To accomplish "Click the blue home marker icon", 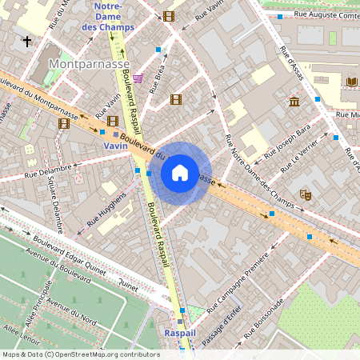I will tap(180, 173).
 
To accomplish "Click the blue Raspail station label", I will tap(179, 332).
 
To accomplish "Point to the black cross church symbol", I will tap(27, 41).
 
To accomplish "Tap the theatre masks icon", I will tap(305, 194).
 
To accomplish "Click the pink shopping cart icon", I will tap(138, 78).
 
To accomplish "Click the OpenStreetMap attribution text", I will tap(81, 354).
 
